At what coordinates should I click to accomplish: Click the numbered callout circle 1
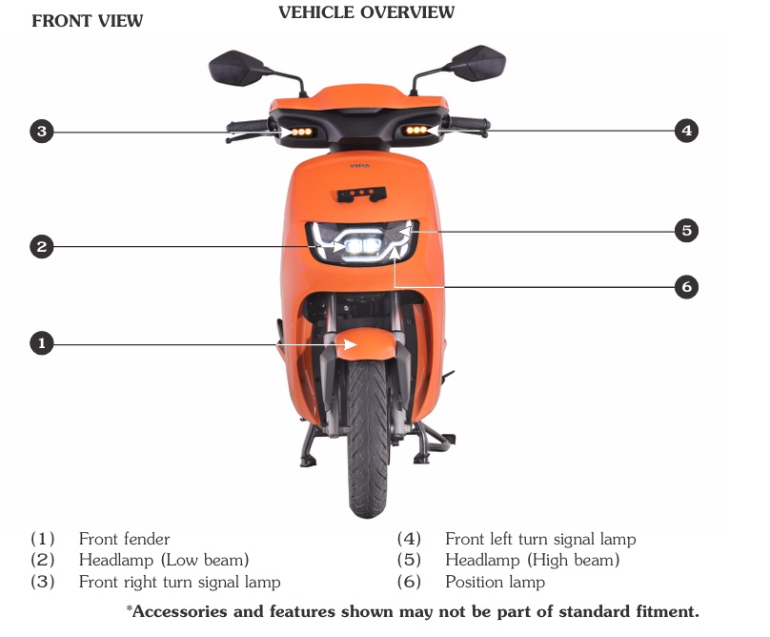click(x=42, y=343)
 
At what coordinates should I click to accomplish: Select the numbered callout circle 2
click(x=42, y=246)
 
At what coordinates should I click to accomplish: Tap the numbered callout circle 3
click(x=42, y=132)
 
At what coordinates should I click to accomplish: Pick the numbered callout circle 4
click(x=686, y=131)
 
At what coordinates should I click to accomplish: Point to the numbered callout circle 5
click(x=686, y=230)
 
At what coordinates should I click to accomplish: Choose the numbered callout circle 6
click(x=686, y=286)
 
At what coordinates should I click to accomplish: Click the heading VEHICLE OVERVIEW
click(x=366, y=12)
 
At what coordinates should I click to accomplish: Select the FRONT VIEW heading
click(x=88, y=21)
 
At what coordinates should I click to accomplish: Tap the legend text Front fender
click(x=124, y=539)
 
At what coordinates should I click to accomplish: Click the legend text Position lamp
click(x=495, y=582)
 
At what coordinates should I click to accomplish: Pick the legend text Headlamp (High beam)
click(x=533, y=561)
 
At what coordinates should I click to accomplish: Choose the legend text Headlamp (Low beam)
click(x=164, y=561)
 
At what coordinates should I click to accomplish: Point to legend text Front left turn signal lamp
click(x=540, y=539)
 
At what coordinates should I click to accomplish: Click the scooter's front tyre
click(x=368, y=438)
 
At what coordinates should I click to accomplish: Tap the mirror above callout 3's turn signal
click(x=234, y=68)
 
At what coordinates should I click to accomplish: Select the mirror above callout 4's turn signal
click(x=479, y=63)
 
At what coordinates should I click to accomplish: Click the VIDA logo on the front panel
click(x=360, y=166)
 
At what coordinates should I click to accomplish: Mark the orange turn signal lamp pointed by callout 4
click(x=415, y=131)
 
